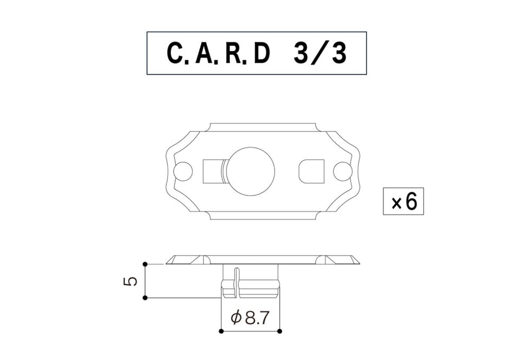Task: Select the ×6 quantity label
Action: (404, 202)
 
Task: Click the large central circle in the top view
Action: (250, 171)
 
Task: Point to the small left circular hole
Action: (183, 171)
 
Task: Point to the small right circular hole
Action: (342, 171)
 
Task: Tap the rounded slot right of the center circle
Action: (311, 171)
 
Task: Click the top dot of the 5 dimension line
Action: (145, 264)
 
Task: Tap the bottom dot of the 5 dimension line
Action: (145, 297)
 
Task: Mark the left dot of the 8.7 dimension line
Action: (221, 331)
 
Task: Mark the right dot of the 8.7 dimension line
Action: (279, 331)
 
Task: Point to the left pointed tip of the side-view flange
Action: (167, 263)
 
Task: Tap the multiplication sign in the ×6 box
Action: (396, 203)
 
